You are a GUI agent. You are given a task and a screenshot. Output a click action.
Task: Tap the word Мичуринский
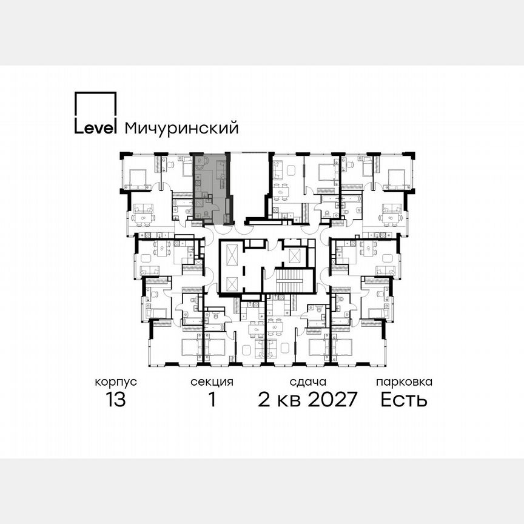click(x=181, y=129)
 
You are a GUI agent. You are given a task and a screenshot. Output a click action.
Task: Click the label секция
click(x=212, y=382)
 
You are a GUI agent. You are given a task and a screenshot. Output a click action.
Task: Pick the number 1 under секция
click(x=212, y=400)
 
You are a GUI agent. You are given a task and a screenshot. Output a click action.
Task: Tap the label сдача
click(x=307, y=382)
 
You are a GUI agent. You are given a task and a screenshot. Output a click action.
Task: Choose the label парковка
click(x=404, y=382)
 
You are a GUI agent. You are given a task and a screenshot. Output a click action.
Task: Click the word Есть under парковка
click(x=404, y=400)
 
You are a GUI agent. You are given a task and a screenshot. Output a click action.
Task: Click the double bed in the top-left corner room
click(x=138, y=178)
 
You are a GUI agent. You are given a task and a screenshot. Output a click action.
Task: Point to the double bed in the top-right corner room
click(x=395, y=178)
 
